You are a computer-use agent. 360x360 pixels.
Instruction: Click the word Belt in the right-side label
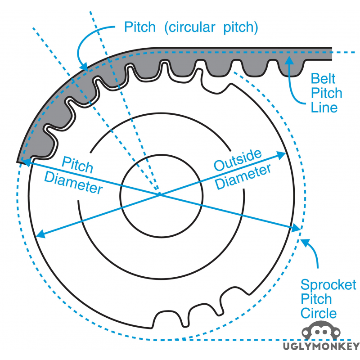coord(324,79)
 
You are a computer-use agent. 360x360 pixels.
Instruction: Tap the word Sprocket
coord(328,285)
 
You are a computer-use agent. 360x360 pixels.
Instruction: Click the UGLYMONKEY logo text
coord(321,346)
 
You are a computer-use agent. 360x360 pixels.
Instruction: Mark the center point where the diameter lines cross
coord(159,194)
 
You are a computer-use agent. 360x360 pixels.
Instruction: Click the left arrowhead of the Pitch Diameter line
coord(21,162)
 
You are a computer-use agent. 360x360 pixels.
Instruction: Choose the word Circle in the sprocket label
coord(319,313)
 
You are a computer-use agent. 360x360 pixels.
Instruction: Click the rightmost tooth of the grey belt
coord(289,67)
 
